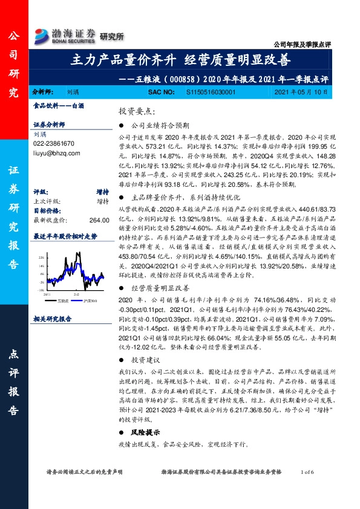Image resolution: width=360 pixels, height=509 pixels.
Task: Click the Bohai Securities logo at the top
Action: click(x=65, y=34)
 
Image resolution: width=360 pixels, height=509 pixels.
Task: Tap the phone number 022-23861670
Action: click(x=54, y=144)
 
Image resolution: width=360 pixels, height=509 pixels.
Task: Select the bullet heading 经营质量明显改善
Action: click(x=159, y=289)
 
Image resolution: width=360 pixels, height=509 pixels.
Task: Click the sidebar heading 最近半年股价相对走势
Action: click(x=65, y=236)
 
